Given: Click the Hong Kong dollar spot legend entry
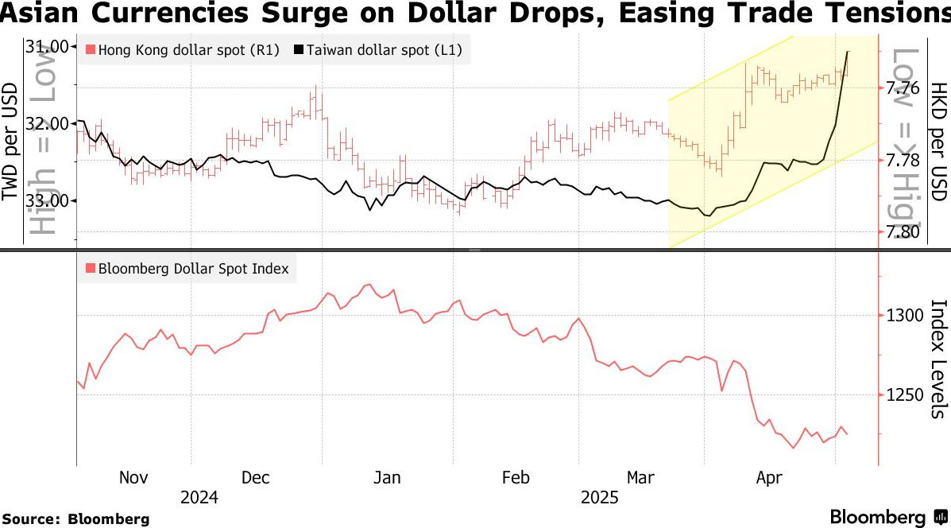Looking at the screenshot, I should (183, 50).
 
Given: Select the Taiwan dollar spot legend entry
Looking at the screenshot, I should (378, 50).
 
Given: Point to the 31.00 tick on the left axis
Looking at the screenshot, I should (47, 48).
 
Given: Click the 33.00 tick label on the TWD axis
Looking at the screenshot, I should (47, 201).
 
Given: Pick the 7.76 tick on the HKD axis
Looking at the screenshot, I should (902, 87).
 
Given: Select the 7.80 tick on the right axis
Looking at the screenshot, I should (902, 232).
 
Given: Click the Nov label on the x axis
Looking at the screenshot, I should (133, 478).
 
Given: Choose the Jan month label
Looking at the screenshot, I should (387, 478).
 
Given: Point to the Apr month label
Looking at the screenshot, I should (769, 478).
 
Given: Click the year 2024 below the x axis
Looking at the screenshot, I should (199, 499).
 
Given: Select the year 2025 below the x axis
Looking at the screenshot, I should (600, 499).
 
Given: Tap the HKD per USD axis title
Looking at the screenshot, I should (939, 141).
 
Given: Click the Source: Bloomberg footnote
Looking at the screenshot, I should (75, 519).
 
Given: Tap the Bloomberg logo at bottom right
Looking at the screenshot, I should (888, 517).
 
